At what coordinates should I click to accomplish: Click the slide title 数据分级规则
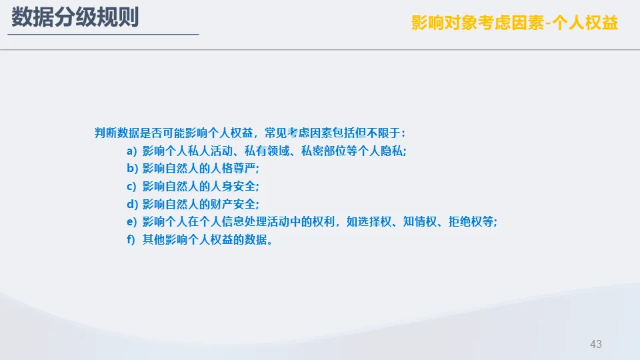coord(75,17)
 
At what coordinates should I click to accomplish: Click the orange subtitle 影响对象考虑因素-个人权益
coord(514,23)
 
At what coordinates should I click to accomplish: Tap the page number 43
coord(596,344)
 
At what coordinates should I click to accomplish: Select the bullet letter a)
coord(132,151)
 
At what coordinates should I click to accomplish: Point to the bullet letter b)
coord(132,168)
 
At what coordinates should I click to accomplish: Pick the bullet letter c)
coord(131,187)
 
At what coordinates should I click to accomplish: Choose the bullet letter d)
coord(132,204)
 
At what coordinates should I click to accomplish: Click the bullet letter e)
coord(132,221)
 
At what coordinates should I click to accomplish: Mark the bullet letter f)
coord(131,239)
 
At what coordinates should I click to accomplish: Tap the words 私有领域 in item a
coord(267,151)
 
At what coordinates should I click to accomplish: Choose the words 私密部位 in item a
coord(324,151)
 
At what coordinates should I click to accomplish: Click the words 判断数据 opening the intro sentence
coord(117,133)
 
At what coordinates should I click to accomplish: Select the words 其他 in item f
coord(153,239)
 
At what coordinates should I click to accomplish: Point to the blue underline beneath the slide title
coord(103,34)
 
